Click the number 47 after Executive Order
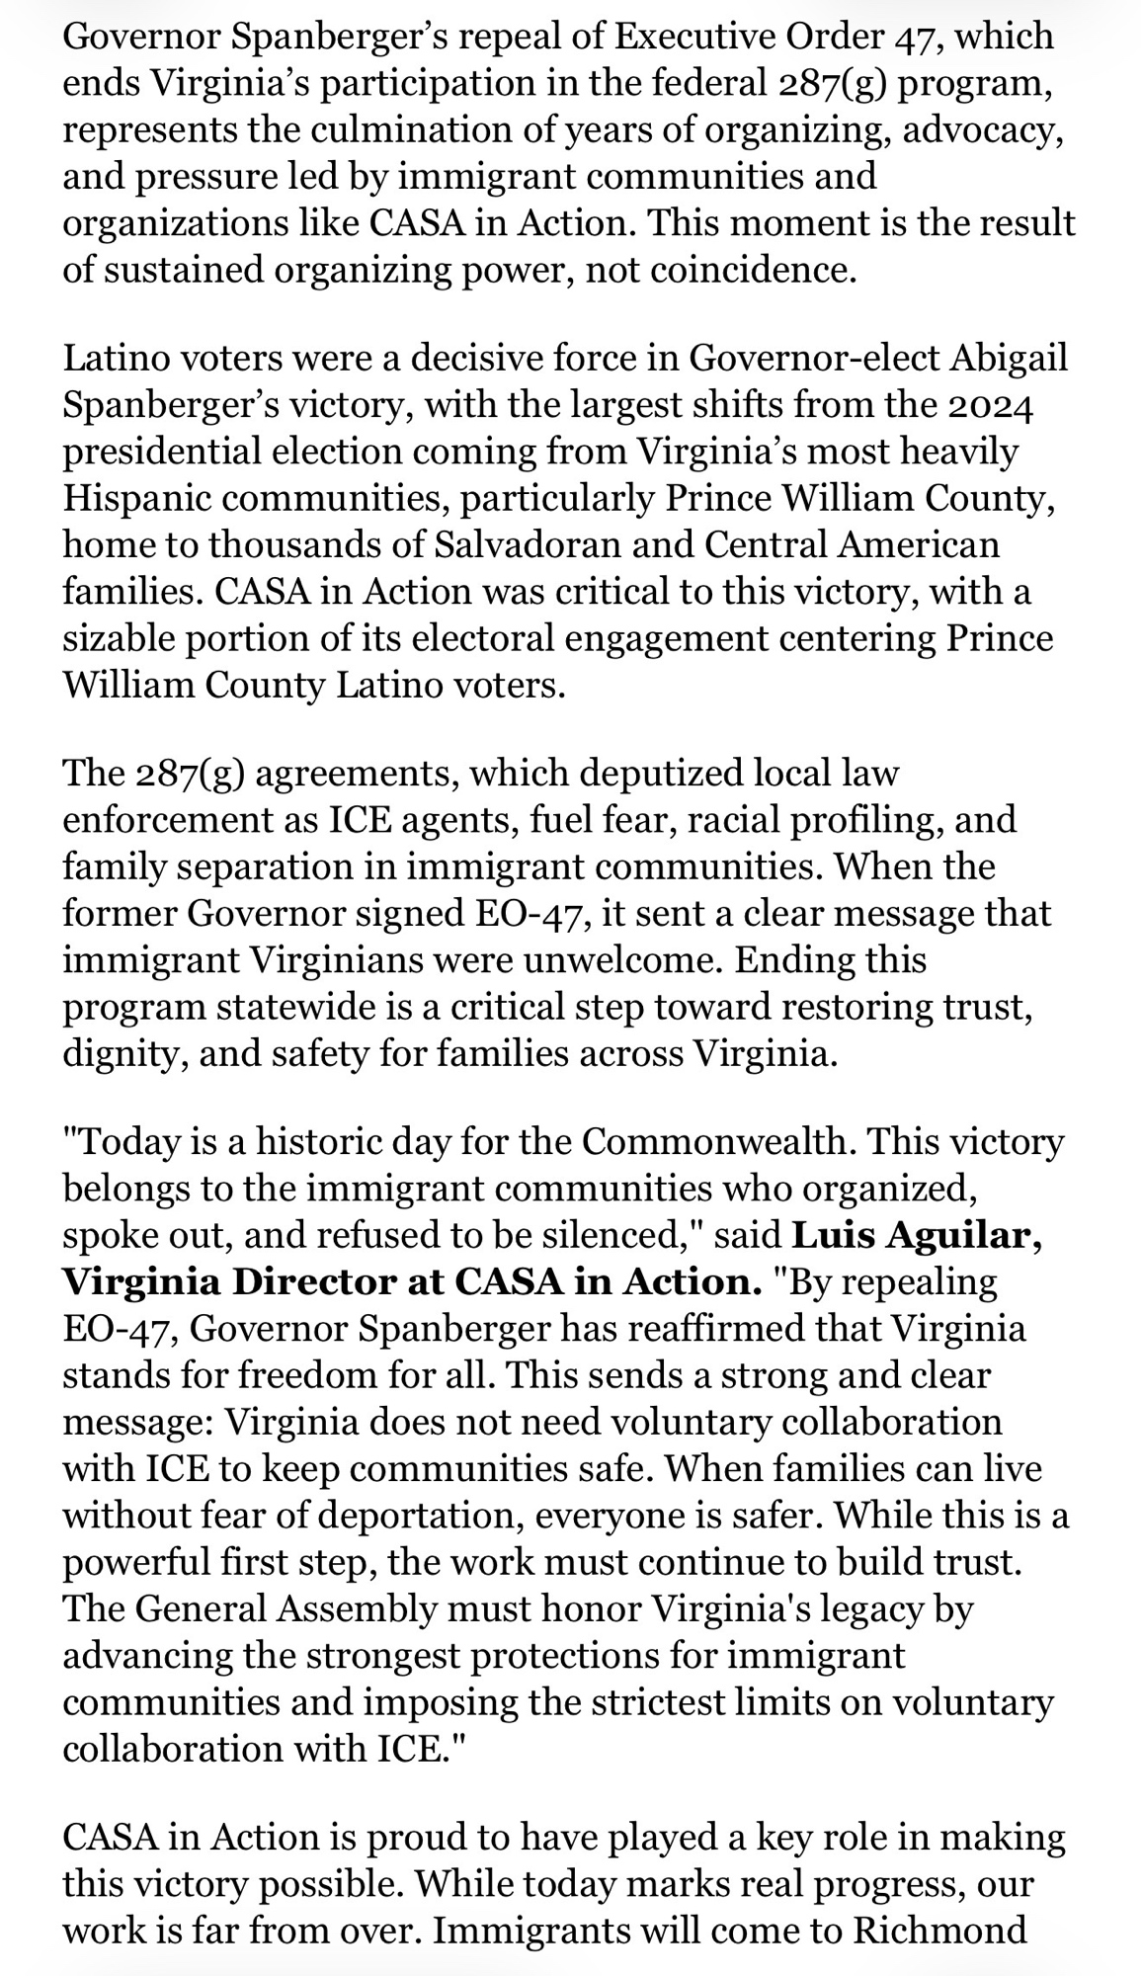[x=919, y=37]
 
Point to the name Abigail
[x=1009, y=358]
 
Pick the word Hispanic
[x=137, y=498]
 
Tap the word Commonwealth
[x=718, y=1141]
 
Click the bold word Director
[x=314, y=1281]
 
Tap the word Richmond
[x=939, y=1928]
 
